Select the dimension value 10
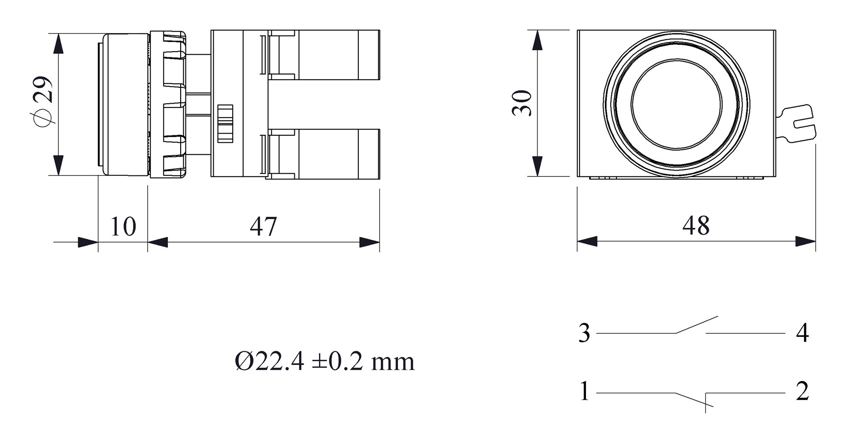point(122,227)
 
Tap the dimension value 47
point(263,227)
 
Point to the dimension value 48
point(696,226)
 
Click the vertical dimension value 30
point(522,103)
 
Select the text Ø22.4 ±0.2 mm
point(325,362)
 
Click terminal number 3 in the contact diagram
point(584,333)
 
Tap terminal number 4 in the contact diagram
point(802,333)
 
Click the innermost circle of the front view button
point(676,104)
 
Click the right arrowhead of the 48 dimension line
point(806,241)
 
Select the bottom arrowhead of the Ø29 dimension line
point(58,165)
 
